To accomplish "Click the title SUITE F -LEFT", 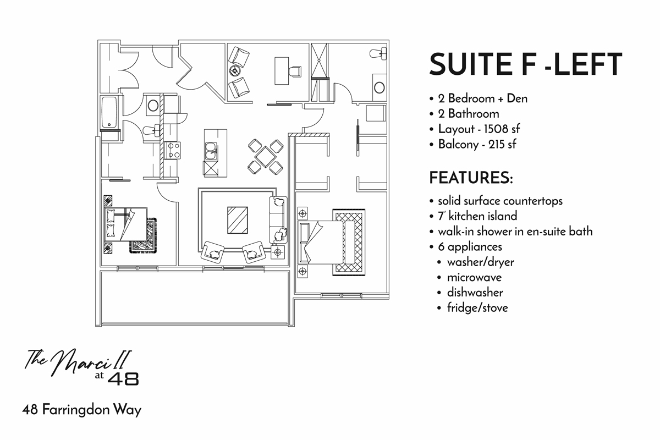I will pos(525,64).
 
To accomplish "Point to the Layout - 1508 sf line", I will pos(479,129).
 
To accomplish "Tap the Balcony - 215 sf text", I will pos(477,145).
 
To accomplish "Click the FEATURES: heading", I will pos(471,178).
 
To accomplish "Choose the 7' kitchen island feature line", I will pos(477,216).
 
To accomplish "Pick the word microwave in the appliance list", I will pos(474,277).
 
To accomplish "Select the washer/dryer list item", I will pos(481,262).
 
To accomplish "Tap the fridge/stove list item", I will pos(477,307).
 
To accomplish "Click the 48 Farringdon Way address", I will pos(82,410).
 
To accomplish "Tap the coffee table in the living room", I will pos(238,219).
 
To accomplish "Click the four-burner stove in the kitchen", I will pos(174,150).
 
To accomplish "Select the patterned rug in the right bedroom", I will pos(348,242).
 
